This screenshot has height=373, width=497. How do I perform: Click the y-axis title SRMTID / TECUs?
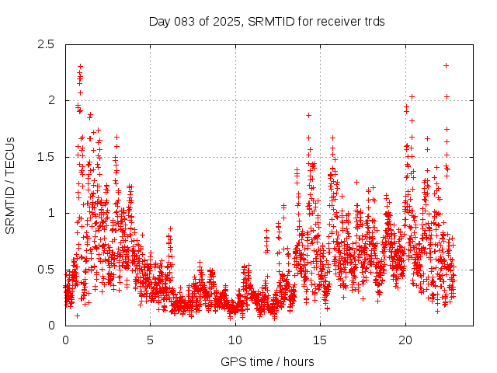click(11, 185)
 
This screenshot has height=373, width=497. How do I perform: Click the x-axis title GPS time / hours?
click(267, 361)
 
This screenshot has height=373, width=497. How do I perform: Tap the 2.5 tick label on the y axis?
click(46, 44)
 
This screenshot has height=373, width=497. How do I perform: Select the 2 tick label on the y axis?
click(51, 100)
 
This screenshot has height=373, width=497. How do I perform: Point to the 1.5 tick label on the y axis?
click(46, 157)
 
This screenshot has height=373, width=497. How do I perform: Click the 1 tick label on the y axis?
click(51, 213)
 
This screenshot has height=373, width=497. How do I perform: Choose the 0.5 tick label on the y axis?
click(46, 270)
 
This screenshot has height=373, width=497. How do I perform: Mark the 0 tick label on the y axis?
click(51, 326)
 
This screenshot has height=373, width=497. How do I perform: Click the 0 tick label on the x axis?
click(65, 340)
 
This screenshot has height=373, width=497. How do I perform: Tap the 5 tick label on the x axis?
click(150, 340)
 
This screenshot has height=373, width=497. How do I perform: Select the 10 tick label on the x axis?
click(235, 340)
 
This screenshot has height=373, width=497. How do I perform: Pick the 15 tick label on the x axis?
click(320, 340)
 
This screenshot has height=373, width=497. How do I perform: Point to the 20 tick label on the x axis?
click(405, 340)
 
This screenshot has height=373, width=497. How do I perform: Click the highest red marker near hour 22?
click(446, 65)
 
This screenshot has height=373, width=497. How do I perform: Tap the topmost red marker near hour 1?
click(80, 67)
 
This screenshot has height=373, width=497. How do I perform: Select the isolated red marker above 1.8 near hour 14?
click(308, 115)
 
